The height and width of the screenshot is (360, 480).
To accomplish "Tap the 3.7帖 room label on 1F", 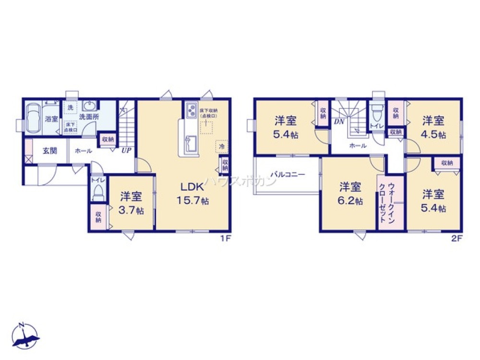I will pos(131,203).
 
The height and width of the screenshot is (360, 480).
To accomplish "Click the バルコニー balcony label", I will pos(287,175).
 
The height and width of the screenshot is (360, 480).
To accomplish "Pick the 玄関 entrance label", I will pos(50,150).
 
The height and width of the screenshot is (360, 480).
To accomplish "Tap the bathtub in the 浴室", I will pos(33,118).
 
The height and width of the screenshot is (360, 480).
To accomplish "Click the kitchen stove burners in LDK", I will pos(191,109).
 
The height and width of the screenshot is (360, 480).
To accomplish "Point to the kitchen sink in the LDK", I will pos(191,143).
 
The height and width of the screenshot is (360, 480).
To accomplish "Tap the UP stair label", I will pos(126,150).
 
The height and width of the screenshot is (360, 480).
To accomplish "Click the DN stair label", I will pos(339,121).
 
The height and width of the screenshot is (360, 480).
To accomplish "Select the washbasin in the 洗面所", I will pos(90,106).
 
